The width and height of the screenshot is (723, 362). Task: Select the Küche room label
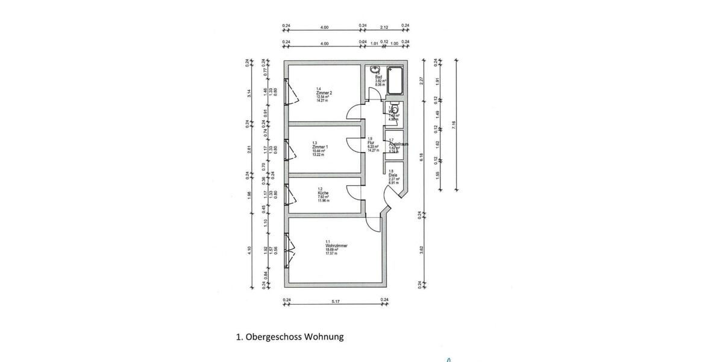tap(323, 192)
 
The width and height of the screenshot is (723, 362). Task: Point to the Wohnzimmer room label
tap(336, 246)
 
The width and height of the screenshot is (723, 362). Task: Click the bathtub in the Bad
tap(395, 81)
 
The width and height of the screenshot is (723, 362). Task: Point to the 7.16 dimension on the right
tap(454, 125)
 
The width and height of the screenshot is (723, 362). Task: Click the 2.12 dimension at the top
tap(384, 27)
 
